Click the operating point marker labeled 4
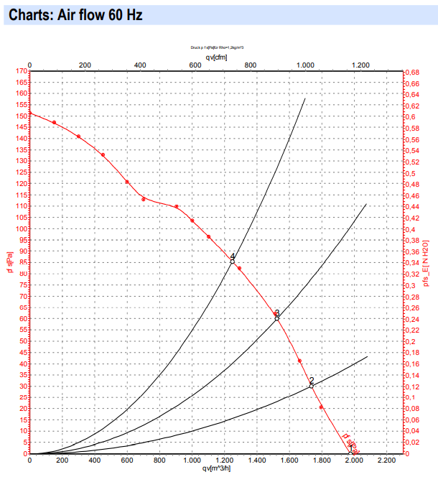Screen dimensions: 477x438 coord(232,261)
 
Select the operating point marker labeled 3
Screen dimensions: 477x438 coord(276,318)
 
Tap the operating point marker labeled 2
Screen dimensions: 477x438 coord(312,386)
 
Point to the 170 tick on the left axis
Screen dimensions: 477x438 coord(22,70)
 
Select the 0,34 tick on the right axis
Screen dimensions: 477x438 coord(411,263)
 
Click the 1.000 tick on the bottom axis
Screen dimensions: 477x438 coord(192,460)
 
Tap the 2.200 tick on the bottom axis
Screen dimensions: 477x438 coord(386,460)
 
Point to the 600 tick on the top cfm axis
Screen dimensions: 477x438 coord(195,65)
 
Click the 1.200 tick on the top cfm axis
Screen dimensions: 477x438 coord(360,65)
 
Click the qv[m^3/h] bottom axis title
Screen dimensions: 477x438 coord(216,469)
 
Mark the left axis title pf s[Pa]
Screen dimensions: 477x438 coord(9,262)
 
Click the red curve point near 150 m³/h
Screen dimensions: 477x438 coord(54,123)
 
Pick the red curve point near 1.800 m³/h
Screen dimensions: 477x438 coord(321,407)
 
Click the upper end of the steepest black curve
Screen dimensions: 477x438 coord(305,98)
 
